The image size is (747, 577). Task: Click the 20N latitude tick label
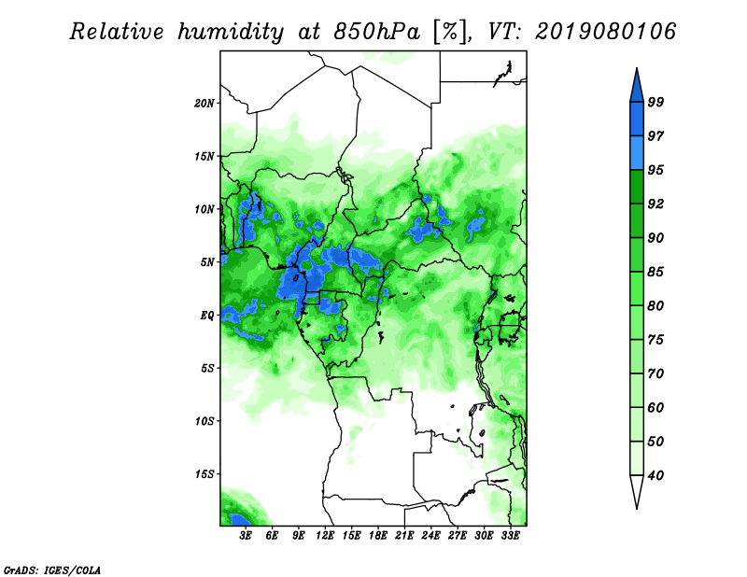(204, 103)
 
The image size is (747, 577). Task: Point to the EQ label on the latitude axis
(207, 316)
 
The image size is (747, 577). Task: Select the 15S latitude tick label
(204, 474)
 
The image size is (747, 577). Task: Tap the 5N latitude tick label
(207, 262)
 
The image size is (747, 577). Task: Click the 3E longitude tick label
(246, 536)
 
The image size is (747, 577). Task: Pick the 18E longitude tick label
(378, 536)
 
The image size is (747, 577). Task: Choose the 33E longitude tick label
(510, 536)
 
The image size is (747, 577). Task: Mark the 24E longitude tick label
(430, 536)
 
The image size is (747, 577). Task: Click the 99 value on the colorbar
(655, 102)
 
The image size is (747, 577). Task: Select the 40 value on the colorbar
(655, 475)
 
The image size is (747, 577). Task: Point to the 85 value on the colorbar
(655, 272)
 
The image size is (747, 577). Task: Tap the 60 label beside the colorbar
(655, 407)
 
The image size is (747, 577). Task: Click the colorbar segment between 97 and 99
(637, 120)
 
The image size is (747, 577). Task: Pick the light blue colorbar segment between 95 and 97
(637, 153)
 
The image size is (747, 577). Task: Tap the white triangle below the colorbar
(637, 491)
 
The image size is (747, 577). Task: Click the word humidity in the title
(231, 33)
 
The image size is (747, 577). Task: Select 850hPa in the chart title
(377, 32)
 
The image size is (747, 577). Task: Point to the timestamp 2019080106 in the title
(605, 32)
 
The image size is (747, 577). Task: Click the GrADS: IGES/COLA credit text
(52, 570)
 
